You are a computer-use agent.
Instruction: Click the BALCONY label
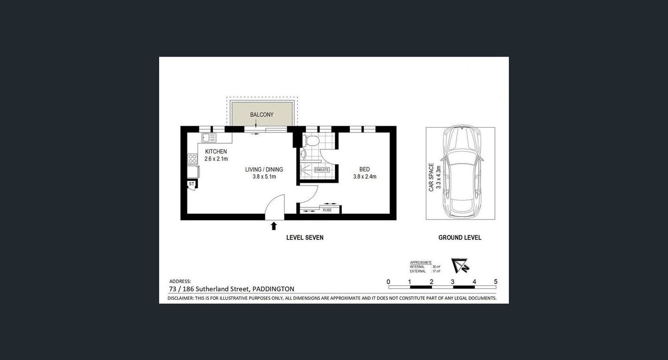point(262,115)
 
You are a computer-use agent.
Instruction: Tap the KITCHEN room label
point(216,152)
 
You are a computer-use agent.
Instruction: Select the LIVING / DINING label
point(264,170)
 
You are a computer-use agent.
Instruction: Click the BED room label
point(364,169)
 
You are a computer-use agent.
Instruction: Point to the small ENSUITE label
point(322,170)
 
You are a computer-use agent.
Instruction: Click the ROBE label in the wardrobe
point(327,210)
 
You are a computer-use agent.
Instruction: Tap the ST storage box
point(191,184)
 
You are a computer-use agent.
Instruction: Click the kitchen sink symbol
point(209,137)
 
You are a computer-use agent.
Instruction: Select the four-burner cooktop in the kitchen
point(193,159)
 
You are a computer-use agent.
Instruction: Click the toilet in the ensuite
point(312,139)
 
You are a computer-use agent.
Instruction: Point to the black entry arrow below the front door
point(274,226)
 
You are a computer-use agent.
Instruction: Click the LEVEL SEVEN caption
point(305,238)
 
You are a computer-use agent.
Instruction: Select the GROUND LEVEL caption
point(460,238)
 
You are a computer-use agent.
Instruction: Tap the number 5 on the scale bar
point(496,282)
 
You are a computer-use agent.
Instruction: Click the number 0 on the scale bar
point(388,282)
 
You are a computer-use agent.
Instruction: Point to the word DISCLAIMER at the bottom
point(181,298)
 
